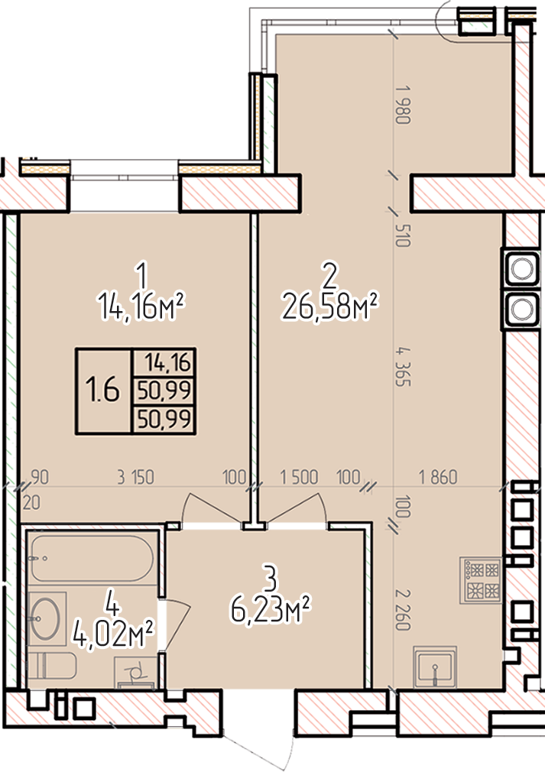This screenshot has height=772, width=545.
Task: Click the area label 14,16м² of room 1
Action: [x=141, y=307]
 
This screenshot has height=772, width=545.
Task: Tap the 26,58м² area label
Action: [x=329, y=307]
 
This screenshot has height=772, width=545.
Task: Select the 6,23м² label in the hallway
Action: [x=271, y=609]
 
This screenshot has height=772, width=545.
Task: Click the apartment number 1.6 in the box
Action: [x=103, y=390]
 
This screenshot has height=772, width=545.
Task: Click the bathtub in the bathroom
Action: [x=92, y=559]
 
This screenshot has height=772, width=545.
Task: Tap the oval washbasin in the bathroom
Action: [x=45, y=618]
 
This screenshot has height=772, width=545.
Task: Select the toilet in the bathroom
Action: [x=52, y=666]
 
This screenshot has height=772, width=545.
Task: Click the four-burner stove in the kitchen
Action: [x=481, y=580]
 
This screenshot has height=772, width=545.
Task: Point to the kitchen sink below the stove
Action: [x=435, y=667]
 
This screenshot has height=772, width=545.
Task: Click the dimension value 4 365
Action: [x=402, y=367]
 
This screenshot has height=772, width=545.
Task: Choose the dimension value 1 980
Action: [x=402, y=105]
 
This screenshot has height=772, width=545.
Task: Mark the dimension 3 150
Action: [x=135, y=477]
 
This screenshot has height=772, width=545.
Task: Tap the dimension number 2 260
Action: [x=402, y=609]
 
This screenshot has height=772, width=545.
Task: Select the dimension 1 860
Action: [x=438, y=477]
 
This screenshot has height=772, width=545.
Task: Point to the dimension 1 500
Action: [x=299, y=477]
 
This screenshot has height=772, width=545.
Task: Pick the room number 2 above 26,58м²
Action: [x=329, y=275]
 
